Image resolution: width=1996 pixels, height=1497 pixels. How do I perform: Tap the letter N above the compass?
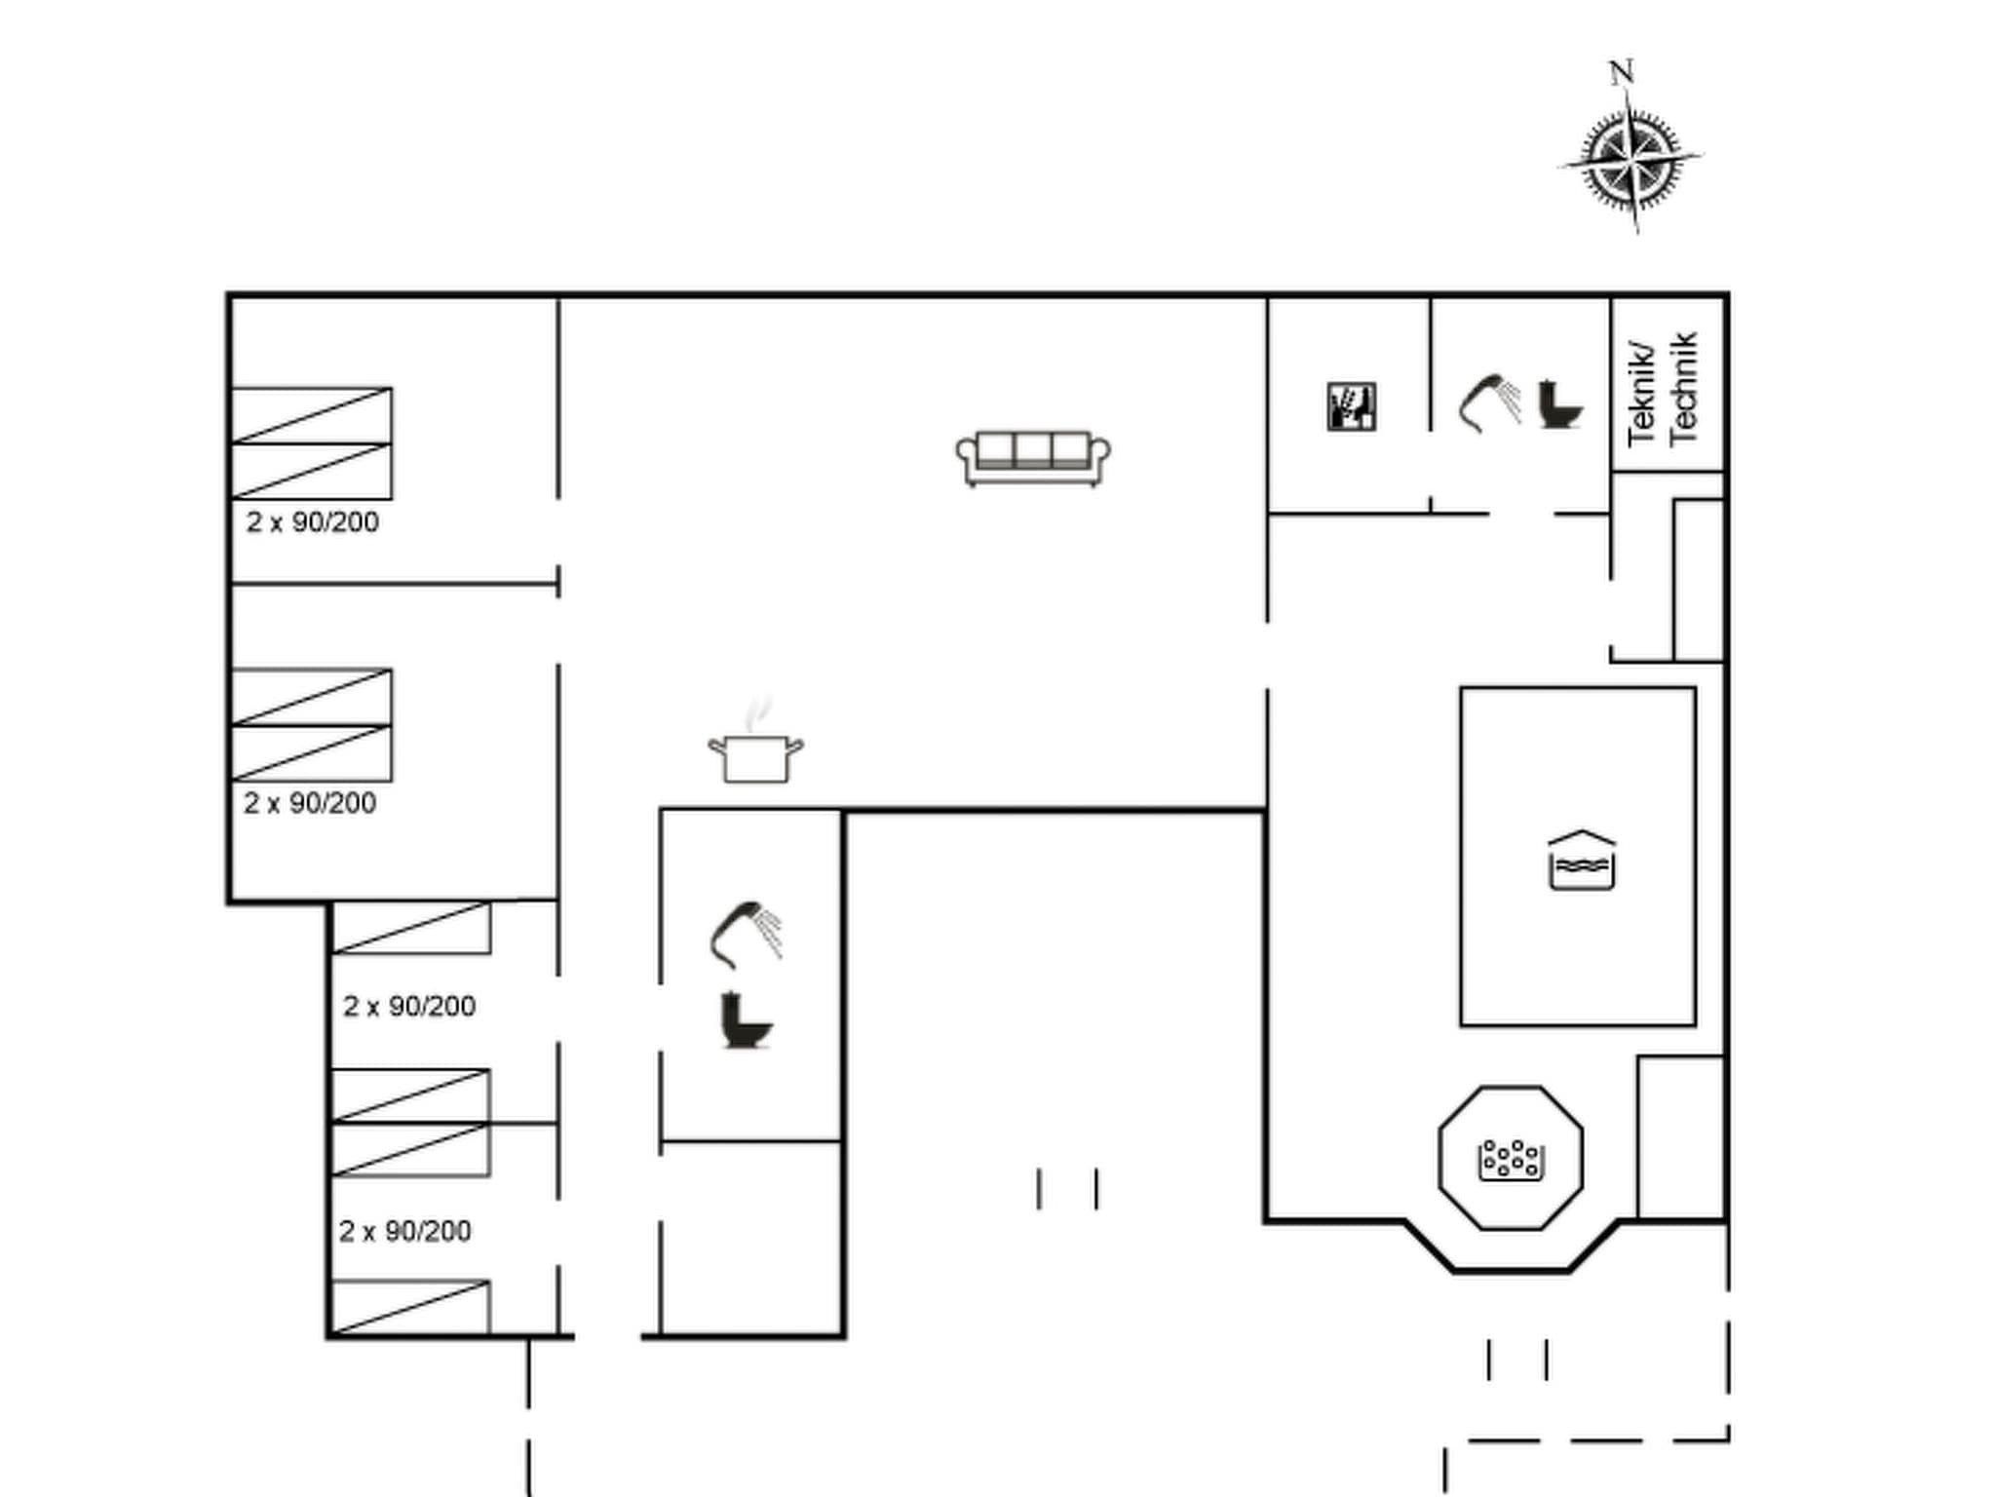point(1621,73)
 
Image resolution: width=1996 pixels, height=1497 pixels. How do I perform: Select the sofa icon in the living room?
point(1033,458)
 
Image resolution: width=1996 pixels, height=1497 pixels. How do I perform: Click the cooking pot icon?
point(755,758)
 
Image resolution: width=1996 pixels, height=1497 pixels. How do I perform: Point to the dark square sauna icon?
point(1352,406)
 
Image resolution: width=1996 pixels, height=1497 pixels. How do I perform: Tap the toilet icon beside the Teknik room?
point(1559,403)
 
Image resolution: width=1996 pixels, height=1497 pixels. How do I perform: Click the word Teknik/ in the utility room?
point(1643,394)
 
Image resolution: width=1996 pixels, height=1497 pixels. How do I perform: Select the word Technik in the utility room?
point(1684,388)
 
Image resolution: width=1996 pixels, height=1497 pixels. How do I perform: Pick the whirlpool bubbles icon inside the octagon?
point(1510,1160)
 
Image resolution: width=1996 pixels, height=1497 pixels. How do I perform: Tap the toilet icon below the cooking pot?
point(746,1020)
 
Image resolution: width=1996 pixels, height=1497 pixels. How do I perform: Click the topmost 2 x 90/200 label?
point(312,522)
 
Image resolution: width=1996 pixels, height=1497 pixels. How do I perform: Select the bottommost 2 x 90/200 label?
point(405,1231)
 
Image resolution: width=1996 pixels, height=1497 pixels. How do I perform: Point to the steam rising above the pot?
point(757,713)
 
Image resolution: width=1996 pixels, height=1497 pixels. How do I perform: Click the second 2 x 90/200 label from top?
point(310,803)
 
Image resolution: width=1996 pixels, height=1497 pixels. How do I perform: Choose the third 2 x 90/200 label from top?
point(409,1006)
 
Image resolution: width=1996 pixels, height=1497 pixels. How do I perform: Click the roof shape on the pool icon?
point(1582,838)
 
